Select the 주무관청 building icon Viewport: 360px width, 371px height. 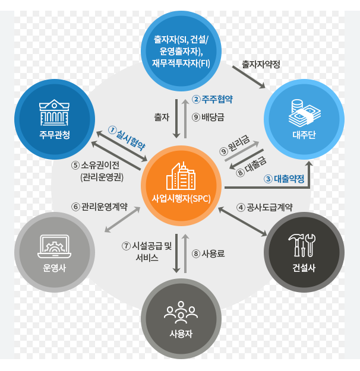56,111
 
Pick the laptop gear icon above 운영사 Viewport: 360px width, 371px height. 54,245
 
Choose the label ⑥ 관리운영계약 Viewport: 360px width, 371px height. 99,207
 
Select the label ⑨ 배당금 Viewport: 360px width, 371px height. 208,117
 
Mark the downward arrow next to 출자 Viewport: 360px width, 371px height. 176,117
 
